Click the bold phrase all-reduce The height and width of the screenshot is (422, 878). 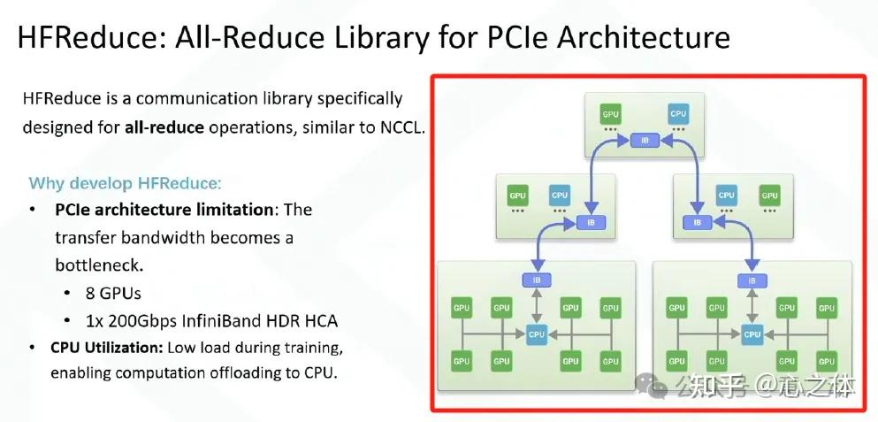pyautogui.click(x=164, y=127)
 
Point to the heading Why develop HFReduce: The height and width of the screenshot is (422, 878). pyautogui.click(x=126, y=183)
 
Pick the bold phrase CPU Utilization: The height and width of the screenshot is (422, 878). pyautogui.click(x=107, y=348)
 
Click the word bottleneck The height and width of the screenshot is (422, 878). pyautogui.click(x=98, y=265)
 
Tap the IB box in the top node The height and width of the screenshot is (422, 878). pyautogui.click(x=645, y=141)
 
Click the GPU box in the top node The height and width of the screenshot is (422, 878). pyautogui.click(x=610, y=114)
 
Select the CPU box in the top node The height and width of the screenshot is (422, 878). pyautogui.click(x=678, y=114)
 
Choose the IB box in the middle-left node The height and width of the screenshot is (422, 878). pyautogui.click(x=591, y=222)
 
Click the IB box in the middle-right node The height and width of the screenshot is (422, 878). pyautogui.click(x=697, y=222)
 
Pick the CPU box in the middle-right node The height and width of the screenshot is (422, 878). pyautogui.click(x=726, y=196)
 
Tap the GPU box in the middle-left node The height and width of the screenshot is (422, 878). pyautogui.click(x=517, y=196)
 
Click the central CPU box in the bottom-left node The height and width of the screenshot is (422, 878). pyautogui.click(x=537, y=334)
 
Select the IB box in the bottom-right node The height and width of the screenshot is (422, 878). pyautogui.click(x=752, y=280)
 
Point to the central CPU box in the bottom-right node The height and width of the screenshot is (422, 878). pyautogui.click(x=752, y=334)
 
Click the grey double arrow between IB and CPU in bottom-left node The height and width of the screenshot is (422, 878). pyautogui.click(x=537, y=306)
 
